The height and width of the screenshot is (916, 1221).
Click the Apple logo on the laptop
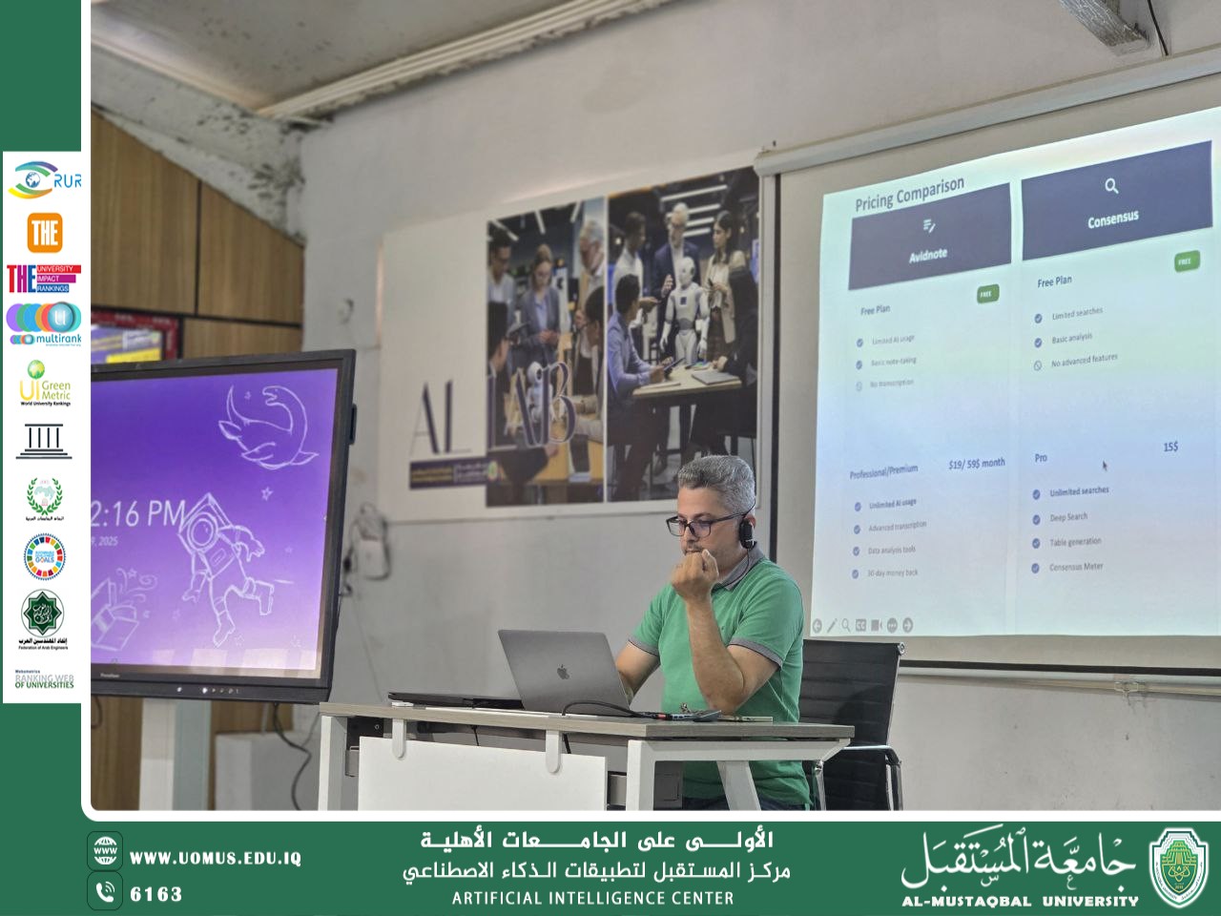563,672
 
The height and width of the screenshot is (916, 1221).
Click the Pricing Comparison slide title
909,194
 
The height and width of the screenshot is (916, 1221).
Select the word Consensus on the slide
1112,219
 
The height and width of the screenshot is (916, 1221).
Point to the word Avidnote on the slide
927,255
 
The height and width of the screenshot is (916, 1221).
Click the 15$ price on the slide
1170,447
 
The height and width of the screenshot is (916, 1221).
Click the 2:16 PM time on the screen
138,515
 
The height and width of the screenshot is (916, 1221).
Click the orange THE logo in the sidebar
44,232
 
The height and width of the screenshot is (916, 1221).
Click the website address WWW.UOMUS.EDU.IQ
215,858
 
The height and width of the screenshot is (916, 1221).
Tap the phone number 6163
155,894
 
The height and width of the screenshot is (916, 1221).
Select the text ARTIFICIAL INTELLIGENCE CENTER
593,898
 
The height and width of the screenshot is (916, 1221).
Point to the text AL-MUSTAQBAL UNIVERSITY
1020,900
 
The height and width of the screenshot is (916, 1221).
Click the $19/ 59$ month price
976,464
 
